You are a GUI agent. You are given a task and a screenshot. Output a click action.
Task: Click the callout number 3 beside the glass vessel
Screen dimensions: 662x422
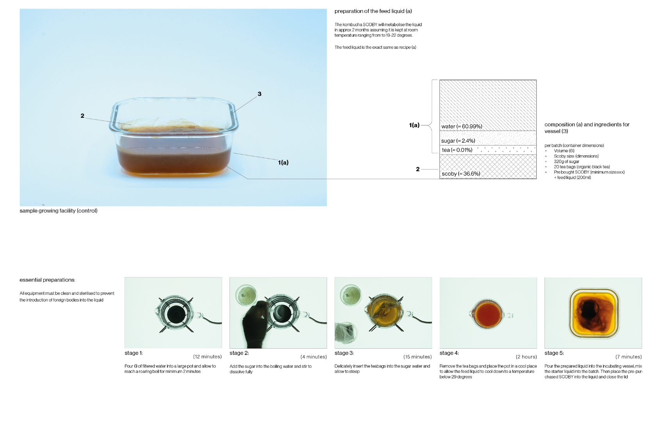(260, 94)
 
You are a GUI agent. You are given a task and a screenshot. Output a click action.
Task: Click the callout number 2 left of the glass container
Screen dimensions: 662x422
(82, 116)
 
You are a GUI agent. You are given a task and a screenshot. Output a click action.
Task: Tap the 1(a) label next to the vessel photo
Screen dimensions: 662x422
(283, 162)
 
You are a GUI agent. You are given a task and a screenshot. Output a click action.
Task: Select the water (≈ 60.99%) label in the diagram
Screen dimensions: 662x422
(462, 126)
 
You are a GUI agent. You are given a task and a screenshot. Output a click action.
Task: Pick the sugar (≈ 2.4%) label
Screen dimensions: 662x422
(458, 140)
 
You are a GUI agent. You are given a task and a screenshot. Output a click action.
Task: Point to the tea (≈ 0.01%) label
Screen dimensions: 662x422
(457, 150)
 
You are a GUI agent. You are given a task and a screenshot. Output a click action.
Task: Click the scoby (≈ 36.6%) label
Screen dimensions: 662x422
(461, 174)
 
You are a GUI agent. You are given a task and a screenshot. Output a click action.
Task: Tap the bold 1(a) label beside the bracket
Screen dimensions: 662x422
(414, 125)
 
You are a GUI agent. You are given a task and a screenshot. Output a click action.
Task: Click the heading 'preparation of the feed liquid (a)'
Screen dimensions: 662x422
(373, 11)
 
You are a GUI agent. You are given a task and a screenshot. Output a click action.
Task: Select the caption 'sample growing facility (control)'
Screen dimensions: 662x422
(59, 211)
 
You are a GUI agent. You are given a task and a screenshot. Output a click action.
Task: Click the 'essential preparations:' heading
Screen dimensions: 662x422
(47, 280)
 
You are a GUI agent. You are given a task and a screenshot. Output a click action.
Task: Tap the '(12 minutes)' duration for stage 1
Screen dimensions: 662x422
(208, 357)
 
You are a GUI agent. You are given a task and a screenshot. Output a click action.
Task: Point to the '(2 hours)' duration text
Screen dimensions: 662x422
(526, 357)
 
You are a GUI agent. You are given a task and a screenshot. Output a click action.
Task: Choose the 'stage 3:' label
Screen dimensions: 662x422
(344, 353)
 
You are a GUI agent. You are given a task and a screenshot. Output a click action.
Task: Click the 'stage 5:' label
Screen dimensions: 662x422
(554, 353)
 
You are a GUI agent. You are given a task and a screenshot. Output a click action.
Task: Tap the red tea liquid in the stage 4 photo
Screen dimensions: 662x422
(488, 315)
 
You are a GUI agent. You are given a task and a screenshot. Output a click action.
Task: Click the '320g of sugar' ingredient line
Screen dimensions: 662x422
(566, 161)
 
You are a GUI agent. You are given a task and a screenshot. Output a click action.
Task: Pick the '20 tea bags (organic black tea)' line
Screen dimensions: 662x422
(582, 167)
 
